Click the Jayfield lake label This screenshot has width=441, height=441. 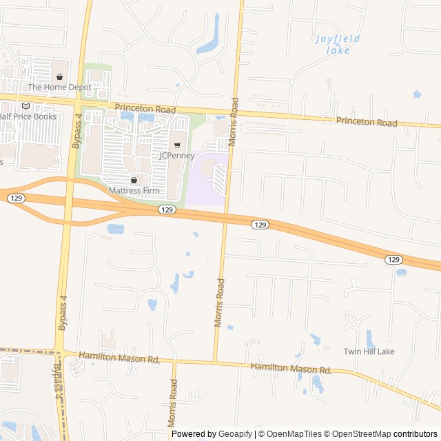point(338,44)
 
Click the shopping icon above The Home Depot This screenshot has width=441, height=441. point(59,77)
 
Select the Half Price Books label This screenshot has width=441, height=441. point(28,116)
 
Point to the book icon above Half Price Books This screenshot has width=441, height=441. point(26,106)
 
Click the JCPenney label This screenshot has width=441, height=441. point(177,156)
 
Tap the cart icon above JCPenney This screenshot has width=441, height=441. point(177,145)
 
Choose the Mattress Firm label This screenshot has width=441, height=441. point(134,190)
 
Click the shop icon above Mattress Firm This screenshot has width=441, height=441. point(134,180)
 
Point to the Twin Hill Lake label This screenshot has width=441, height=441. point(369,351)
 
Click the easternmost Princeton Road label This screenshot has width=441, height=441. point(367,122)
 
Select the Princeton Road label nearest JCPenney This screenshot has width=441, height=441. point(145,108)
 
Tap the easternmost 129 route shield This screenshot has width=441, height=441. point(393,259)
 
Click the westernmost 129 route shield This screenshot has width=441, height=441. point(16,198)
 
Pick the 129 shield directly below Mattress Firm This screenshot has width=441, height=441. point(166,208)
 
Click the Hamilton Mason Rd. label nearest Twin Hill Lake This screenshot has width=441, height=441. point(291,369)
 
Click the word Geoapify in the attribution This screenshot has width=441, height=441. point(236,434)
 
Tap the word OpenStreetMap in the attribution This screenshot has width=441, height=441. point(358,434)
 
